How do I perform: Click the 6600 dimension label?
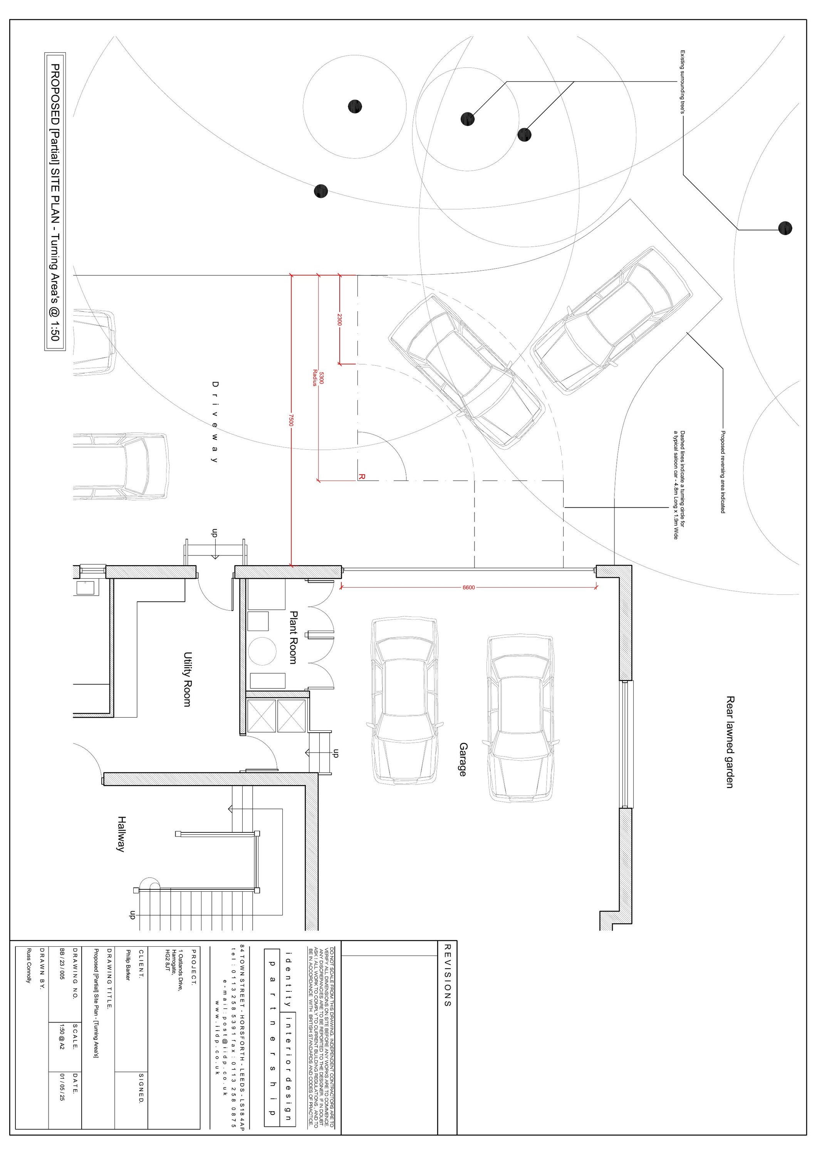point(468,587)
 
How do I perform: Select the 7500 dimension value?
point(291,420)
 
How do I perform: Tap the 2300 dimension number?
point(339,320)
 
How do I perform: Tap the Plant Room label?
point(294,637)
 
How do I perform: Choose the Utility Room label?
point(187,679)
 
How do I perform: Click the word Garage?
point(463,760)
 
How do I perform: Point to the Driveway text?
point(215,422)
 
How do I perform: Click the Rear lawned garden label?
point(730,742)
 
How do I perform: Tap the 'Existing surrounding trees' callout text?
point(683,82)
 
